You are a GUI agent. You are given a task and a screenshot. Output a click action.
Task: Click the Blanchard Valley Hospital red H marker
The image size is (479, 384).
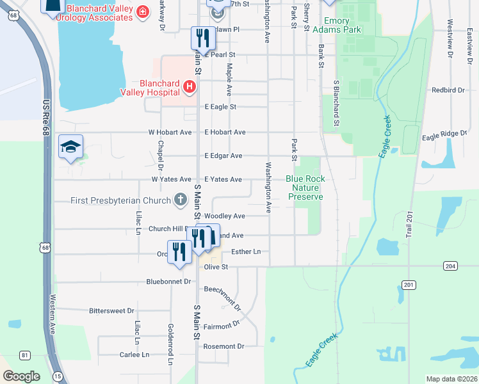tap(189, 86)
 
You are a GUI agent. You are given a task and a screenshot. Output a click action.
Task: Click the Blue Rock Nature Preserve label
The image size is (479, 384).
tap(305, 188)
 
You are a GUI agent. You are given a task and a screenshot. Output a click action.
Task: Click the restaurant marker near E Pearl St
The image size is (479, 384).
tap(203, 38)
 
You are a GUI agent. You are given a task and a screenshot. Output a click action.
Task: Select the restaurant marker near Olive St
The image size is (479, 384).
tap(179, 252)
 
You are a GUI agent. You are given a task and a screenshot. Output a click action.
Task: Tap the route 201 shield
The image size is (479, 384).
tap(410, 284)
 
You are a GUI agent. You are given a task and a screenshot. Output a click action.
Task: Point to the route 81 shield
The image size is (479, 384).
tap(24, 355)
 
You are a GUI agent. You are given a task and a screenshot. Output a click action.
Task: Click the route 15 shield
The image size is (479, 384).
tap(58, 376)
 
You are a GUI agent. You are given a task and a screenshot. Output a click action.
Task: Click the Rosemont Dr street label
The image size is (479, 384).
tap(223, 346)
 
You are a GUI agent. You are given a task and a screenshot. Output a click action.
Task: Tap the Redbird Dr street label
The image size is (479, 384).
tap(448, 90)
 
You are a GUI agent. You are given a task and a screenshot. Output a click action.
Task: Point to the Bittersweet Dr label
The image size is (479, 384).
tap(112, 310)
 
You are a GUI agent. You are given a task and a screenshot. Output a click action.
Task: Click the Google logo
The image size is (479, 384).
tap(22, 376)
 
